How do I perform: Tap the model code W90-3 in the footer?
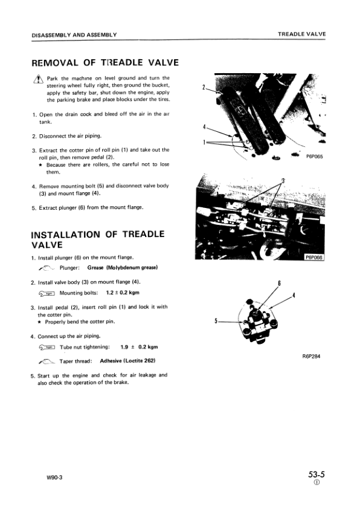[54, 477]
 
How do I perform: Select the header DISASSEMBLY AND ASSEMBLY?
[74, 34]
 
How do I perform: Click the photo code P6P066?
[314, 256]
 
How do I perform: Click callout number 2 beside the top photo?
[204, 87]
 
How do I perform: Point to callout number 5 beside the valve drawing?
[216, 321]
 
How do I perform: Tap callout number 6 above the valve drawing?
[279, 283]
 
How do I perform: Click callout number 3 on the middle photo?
[282, 181]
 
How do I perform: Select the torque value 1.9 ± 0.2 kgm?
[139, 347]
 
